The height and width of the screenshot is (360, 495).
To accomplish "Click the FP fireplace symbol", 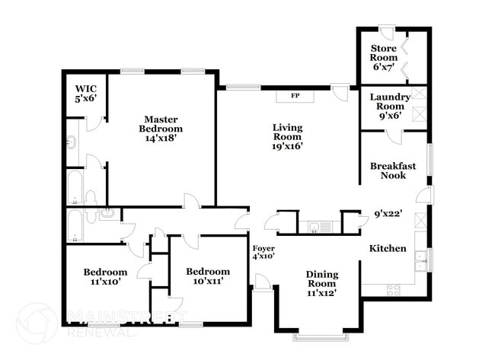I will tap(294, 97).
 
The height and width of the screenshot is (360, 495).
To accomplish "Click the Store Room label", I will tap(383, 58).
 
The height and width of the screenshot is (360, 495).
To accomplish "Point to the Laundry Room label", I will tap(390, 107).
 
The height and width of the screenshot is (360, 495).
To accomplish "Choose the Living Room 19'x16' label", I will tap(288, 137).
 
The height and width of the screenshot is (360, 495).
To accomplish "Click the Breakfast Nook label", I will tap(388, 170).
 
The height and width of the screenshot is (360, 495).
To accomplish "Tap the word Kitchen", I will tap(388, 249).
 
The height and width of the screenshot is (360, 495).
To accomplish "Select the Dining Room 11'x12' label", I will tap(321, 283).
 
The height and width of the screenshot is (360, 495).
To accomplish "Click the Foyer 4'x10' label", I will tap(263, 253).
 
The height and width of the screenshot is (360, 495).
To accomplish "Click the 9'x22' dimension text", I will tap(388, 215).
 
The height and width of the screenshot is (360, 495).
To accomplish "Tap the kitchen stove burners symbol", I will tap(394, 289).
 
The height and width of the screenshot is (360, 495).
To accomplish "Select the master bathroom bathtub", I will tap(74, 188).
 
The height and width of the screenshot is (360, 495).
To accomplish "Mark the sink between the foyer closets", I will tap(317, 225).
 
